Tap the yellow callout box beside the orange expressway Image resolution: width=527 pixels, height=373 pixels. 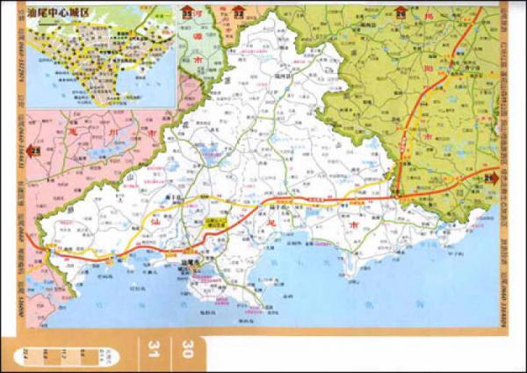tap(213, 223)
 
